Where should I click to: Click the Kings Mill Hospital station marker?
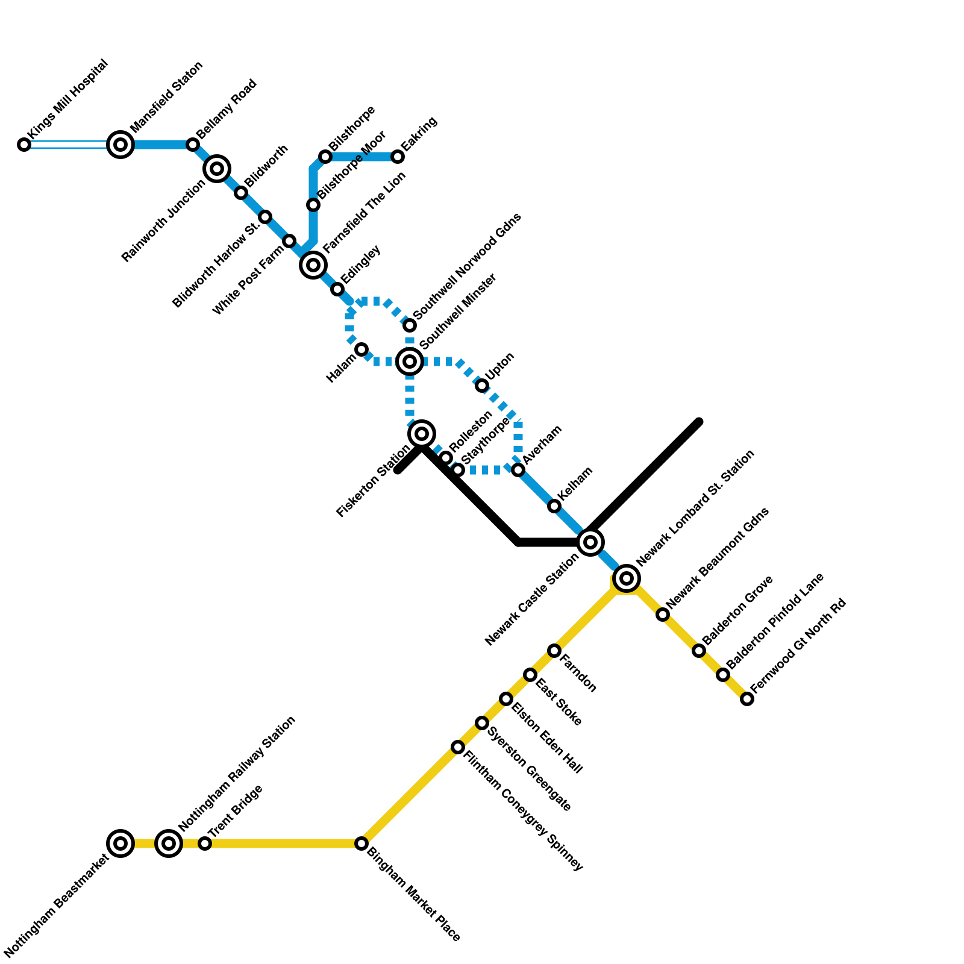[24, 145]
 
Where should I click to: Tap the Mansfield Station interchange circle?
[120, 145]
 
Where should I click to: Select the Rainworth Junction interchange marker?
[217, 169]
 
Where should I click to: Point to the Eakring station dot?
[398, 157]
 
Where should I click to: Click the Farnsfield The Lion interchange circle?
[313, 265]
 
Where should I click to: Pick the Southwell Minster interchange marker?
[410, 361]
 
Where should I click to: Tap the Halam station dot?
[361, 349]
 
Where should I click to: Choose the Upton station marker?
[482, 386]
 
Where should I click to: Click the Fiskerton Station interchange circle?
[422, 434]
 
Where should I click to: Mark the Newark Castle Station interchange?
[590, 542]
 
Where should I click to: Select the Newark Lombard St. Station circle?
[627, 578]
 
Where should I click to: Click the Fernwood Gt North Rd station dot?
[747, 699]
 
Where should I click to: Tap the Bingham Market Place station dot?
[361, 843]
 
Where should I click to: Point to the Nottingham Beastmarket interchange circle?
[120, 843]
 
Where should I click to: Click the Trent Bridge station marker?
[205, 843]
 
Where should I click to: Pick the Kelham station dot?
[554, 506]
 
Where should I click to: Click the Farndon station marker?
[554, 651]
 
